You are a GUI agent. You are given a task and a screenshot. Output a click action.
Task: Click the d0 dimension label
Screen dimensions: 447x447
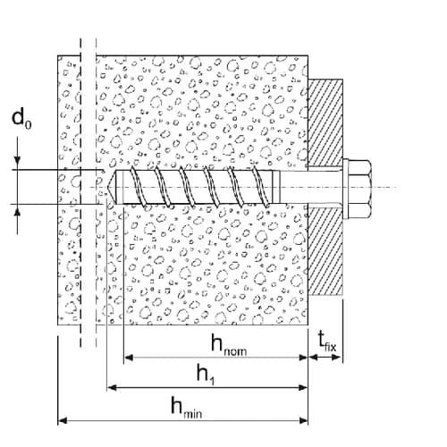[x=21, y=118]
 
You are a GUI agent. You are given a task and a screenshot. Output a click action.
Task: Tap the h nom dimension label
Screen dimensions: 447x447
[x=229, y=345]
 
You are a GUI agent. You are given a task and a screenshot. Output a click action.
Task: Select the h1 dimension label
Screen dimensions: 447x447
[x=206, y=375]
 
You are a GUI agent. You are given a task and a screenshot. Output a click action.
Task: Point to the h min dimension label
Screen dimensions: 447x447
[x=187, y=408]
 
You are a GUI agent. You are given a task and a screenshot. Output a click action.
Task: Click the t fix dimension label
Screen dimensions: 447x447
[x=327, y=342]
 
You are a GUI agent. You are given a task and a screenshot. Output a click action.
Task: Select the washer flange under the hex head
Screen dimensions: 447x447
[x=345, y=188]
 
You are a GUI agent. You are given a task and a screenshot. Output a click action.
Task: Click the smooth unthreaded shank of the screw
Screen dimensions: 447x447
[x=310, y=188]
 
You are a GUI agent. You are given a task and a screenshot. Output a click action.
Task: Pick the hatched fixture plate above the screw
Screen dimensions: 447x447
[x=325, y=122]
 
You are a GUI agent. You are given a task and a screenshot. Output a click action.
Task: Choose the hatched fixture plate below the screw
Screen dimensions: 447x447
[x=325, y=252]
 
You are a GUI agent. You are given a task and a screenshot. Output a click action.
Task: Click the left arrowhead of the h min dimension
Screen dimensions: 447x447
[x=62, y=420]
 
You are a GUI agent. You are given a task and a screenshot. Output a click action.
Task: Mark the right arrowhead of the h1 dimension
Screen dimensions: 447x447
[x=303, y=388]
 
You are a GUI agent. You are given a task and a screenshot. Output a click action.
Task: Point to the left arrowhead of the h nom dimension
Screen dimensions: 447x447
[x=128, y=357]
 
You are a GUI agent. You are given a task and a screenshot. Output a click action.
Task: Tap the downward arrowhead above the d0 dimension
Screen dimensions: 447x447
[x=18, y=160]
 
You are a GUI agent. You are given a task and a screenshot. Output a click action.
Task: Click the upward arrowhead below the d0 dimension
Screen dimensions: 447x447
[x=18, y=213]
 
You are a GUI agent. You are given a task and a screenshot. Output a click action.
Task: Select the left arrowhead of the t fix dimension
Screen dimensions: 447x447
[x=312, y=357]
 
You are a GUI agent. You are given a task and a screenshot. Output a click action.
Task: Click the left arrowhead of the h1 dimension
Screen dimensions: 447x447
[x=111, y=388]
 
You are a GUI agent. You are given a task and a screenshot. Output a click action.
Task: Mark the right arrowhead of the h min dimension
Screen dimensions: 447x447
[x=303, y=420]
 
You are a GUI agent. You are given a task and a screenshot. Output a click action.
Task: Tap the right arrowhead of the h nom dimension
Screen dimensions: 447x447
[x=303, y=357]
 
